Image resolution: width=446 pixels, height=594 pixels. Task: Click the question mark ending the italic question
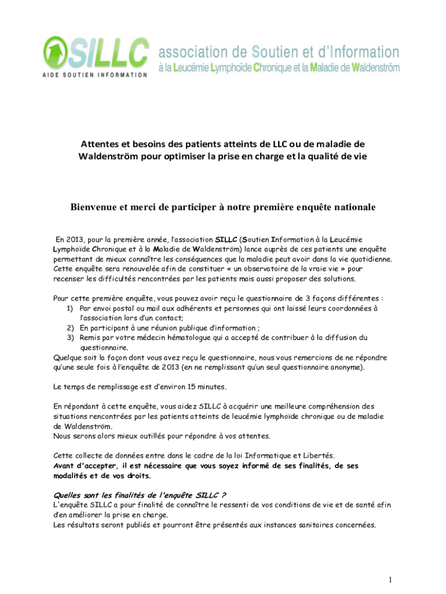point(224,495)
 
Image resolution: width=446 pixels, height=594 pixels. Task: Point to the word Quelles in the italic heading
point(68,495)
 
